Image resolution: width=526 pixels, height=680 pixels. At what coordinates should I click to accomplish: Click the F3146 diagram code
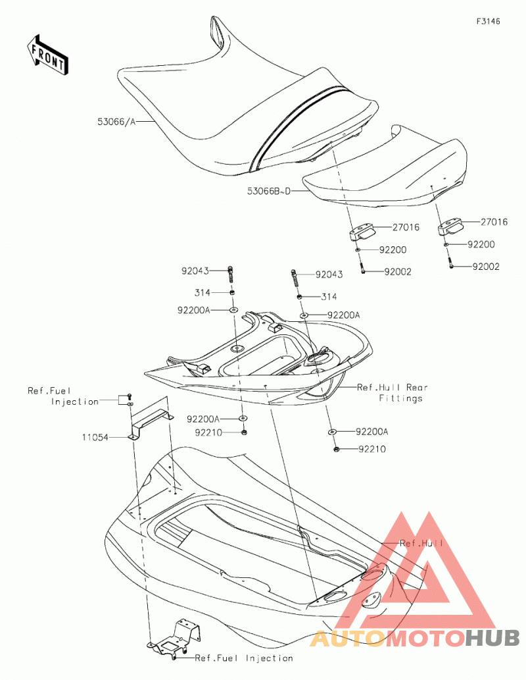pos(489,21)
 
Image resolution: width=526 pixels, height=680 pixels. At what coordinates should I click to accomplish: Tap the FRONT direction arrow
pos(47,55)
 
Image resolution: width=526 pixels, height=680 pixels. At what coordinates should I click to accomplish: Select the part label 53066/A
pos(116,122)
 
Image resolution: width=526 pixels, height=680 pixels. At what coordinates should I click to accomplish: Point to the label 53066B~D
pos(269,191)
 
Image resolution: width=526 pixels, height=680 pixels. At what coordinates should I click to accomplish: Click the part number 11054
pos(95,438)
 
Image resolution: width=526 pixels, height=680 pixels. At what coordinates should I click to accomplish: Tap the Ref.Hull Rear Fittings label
pos(393,392)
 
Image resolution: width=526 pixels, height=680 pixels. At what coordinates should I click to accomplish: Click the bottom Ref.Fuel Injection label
pos(244,658)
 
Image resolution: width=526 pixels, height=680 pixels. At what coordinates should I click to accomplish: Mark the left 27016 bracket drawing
pos(363,232)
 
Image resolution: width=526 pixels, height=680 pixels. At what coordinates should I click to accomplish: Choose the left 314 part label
pos(203,293)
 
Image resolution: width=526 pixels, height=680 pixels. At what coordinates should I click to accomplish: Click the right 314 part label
pos(329,297)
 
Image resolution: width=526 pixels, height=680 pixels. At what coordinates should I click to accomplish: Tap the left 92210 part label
pos(208,432)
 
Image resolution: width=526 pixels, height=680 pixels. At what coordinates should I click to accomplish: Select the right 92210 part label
pos(371,450)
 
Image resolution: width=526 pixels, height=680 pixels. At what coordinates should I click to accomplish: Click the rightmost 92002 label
pos(486,267)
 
